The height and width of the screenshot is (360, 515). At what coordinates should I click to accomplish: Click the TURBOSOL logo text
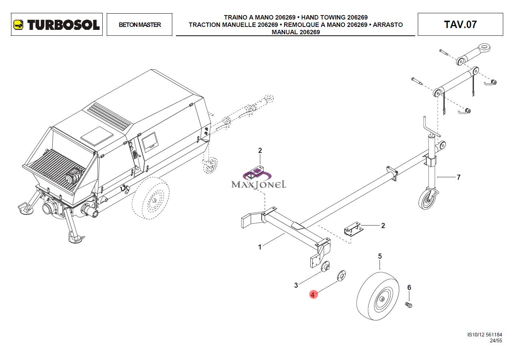(x=63, y=25)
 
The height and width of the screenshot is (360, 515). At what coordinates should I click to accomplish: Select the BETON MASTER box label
(x=140, y=25)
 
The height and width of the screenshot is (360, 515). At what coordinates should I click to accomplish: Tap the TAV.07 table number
(x=460, y=24)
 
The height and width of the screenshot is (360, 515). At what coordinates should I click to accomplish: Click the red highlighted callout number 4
(x=313, y=295)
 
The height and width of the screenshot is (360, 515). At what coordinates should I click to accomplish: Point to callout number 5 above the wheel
(x=380, y=256)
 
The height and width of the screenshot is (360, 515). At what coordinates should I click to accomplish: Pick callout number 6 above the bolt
(x=409, y=287)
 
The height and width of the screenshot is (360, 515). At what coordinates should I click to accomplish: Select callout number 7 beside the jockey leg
(x=458, y=177)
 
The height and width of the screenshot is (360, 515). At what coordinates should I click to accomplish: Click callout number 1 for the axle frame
(x=260, y=247)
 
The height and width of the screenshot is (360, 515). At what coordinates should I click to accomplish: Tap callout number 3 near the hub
(x=296, y=286)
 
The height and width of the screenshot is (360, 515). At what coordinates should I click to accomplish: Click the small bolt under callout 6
(x=409, y=305)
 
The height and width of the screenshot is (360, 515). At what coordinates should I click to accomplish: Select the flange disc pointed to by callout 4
(x=341, y=276)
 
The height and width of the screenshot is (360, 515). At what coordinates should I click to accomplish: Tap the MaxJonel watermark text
(x=259, y=185)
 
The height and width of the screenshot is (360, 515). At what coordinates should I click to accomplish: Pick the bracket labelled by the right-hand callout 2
(x=354, y=228)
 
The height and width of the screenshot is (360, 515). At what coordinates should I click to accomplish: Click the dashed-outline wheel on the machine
(x=151, y=198)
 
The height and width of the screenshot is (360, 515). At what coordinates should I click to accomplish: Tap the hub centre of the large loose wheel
(x=382, y=299)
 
